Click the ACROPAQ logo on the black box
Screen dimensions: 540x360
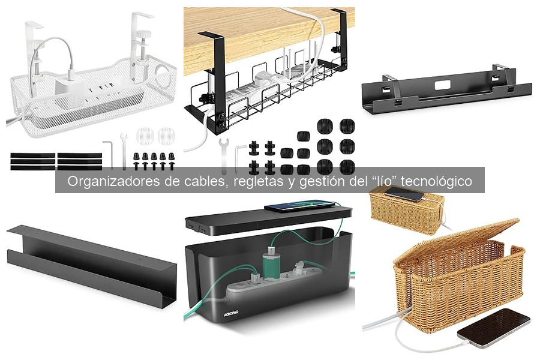pos(231,313)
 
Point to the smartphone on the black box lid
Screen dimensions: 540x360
pos(299,206)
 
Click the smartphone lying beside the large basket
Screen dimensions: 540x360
pos(494,328)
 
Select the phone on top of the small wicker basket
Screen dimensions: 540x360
pos(404,193)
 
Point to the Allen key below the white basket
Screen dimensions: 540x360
pos(109,154)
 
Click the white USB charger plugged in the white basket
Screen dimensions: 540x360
pos(69,85)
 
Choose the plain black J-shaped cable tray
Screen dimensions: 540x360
pos(92,264)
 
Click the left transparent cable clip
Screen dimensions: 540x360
pos(145,136)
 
